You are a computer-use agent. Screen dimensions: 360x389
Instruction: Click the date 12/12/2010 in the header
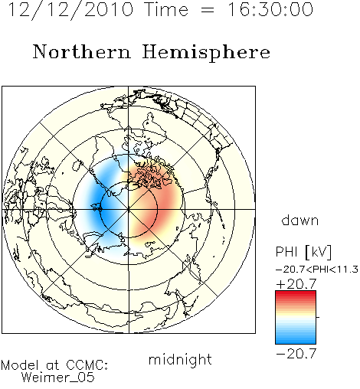(70, 9)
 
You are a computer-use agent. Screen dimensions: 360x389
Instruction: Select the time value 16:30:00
(270, 9)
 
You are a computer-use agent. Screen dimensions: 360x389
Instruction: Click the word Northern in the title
(82, 52)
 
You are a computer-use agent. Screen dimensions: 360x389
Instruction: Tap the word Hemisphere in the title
(206, 53)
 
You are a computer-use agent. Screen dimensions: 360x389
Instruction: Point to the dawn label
(300, 220)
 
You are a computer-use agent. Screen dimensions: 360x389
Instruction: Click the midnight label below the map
(180, 359)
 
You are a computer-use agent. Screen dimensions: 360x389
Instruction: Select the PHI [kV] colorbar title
(303, 252)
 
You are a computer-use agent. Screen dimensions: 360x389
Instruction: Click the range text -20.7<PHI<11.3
(317, 270)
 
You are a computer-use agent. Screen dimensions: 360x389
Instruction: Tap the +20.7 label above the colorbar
(296, 284)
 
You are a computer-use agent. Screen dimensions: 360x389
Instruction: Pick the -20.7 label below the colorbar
(296, 354)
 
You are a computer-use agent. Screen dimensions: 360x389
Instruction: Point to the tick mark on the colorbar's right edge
(318, 317)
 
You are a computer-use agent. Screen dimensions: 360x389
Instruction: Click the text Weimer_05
(58, 378)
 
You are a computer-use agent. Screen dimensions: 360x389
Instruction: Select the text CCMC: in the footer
(87, 365)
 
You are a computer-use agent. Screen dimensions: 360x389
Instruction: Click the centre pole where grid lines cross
(129, 209)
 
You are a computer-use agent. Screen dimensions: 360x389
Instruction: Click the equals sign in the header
(208, 10)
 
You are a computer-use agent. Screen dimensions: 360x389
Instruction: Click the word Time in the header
(166, 9)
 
